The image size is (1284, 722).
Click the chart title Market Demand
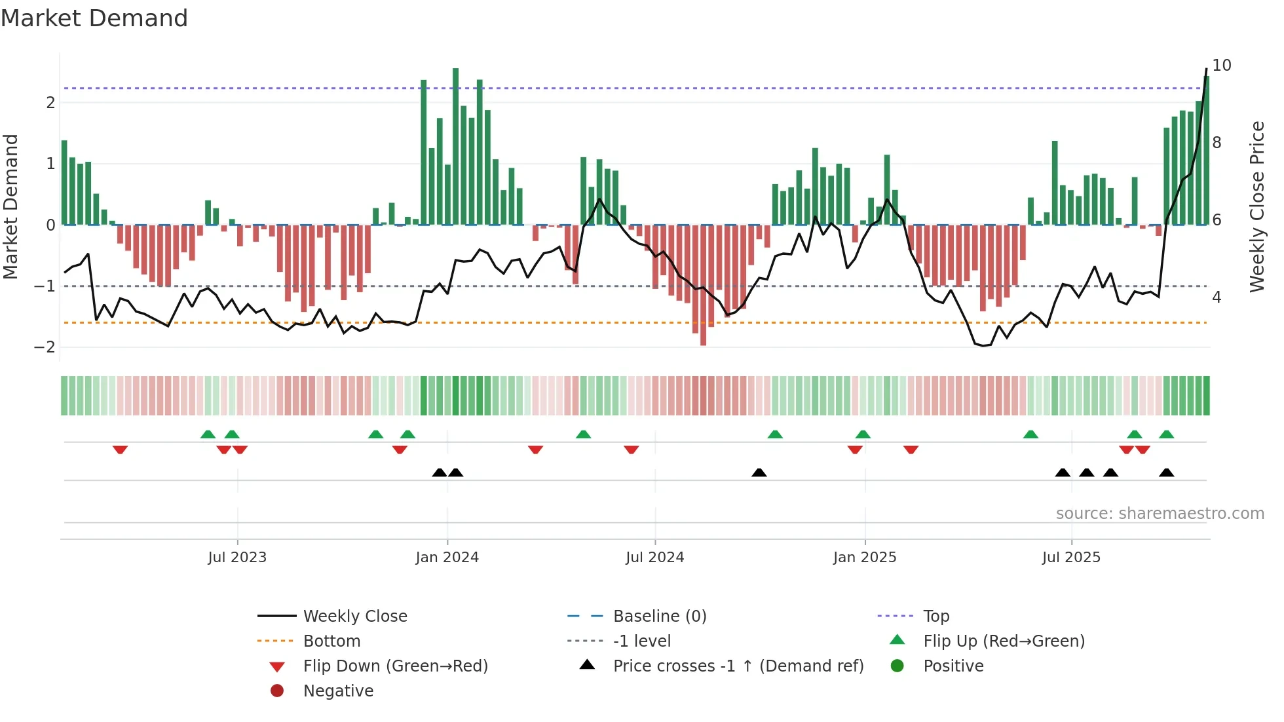(x=94, y=18)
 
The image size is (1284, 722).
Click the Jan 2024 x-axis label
(x=447, y=558)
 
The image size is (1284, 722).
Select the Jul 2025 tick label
(x=1071, y=558)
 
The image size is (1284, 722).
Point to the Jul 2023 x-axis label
(x=237, y=558)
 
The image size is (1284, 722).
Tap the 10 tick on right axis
(x=1221, y=66)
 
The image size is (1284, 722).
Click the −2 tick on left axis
(x=45, y=347)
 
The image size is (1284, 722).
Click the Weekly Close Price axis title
(x=1256, y=206)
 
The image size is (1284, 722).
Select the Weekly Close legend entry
(x=354, y=617)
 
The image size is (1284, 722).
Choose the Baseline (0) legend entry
(x=659, y=617)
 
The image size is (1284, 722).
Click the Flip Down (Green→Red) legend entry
(x=395, y=666)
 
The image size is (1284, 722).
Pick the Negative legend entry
(x=338, y=691)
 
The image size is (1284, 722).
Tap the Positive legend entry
(x=953, y=666)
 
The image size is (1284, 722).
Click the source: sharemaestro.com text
(x=1160, y=514)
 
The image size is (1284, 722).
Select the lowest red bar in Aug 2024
(x=703, y=286)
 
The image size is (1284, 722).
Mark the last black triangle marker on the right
(x=1166, y=472)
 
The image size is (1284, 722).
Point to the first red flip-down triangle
(x=120, y=449)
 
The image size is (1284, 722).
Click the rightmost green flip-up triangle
(x=1166, y=434)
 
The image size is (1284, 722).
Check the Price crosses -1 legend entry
(x=738, y=666)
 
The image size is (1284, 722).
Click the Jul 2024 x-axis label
(x=654, y=558)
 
